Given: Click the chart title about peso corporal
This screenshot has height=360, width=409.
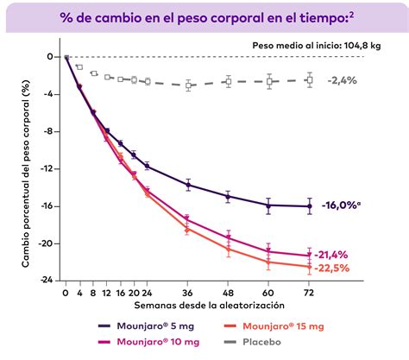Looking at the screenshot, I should click(x=204, y=16).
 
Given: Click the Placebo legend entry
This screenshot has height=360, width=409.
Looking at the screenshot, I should click(x=261, y=342).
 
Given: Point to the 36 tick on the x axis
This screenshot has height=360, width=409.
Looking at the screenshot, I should click(x=188, y=294).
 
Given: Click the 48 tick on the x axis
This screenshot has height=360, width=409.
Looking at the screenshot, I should click(x=229, y=294).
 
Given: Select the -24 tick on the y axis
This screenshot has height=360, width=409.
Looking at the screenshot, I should click(x=49, y=281).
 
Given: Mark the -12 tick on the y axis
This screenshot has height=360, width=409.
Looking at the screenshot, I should click(x=49, y=168).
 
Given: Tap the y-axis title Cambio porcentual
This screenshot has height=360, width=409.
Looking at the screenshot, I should click(x=26, y=168).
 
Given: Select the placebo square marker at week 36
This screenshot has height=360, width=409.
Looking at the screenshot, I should click(x=188, y=85).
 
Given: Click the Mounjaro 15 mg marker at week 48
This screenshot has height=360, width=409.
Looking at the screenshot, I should click(x=229, y=249).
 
